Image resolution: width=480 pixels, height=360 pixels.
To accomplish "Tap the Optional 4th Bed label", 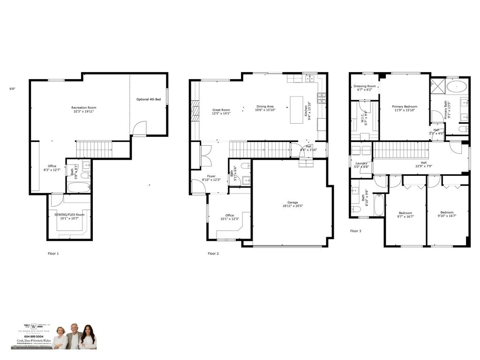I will coord(149,99).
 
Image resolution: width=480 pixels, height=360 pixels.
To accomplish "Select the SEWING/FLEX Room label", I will coord(69,215).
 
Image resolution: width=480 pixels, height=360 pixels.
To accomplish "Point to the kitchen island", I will coord(297,110).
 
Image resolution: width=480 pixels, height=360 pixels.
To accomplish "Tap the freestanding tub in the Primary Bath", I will coord(456,86).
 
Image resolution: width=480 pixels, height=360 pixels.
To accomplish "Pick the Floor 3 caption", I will coord(356,231).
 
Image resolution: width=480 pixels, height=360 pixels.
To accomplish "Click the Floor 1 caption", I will coord(53,254).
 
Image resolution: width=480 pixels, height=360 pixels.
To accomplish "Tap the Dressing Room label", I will coord(364,86).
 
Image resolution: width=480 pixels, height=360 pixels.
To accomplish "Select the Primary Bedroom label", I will coord(404,106).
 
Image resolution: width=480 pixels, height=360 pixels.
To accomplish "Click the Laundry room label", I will coord(361,163).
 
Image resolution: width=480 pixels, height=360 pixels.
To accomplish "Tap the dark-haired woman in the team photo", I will coord(88,337).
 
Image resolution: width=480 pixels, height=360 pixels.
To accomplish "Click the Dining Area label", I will coord(265,106).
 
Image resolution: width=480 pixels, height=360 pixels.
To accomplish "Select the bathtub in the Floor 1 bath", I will coord(78,187).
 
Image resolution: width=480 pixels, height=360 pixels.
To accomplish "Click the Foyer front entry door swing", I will coord(198,187).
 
